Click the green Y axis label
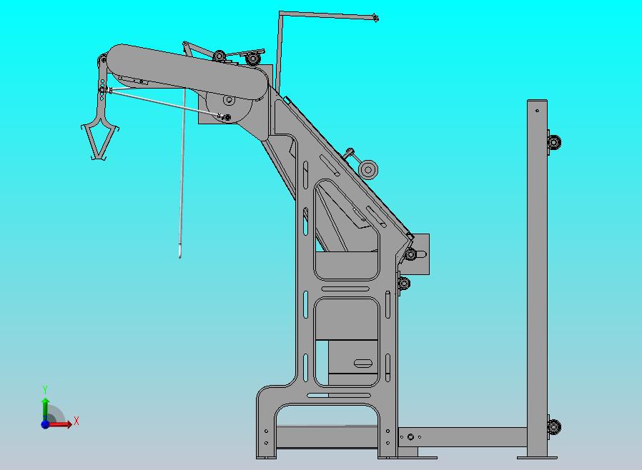45,389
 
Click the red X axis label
76,421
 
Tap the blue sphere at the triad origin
45,424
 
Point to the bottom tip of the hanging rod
179,256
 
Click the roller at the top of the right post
554,142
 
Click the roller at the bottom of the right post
554,426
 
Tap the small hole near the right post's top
537,111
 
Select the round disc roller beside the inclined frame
368,169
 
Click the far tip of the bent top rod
376,18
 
